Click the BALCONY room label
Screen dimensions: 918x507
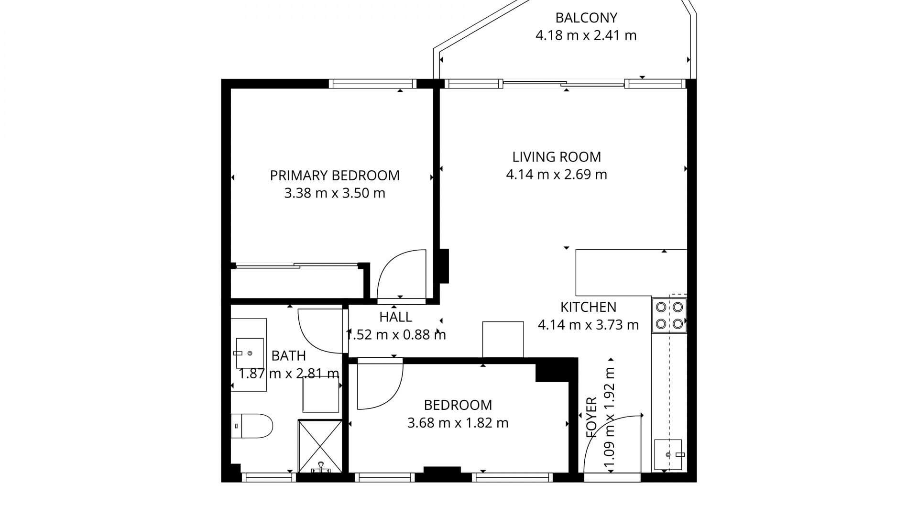(x=586, y=18)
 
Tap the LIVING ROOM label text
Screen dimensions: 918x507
(x=557, y=157)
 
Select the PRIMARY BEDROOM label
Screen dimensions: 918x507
(x=335, y=176)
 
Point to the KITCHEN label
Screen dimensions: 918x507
(x=589, y=307)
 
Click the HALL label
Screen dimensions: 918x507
(x=396, y=317)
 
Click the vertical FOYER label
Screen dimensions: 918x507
(x=591, y=417)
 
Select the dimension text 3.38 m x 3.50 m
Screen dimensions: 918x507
(x=335, y=193)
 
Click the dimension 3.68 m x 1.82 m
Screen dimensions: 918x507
(x=458, y=423)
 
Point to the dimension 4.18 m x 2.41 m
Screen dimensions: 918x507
(x=586, y=35)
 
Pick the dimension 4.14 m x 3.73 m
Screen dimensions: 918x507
(x=589, y=325)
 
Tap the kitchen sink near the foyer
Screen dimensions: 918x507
(x=668, y=454)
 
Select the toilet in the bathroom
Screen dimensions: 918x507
(x=251, y=426)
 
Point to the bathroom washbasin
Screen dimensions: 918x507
(x=250, y=353)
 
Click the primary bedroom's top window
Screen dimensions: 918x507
(x=373, y=84)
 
